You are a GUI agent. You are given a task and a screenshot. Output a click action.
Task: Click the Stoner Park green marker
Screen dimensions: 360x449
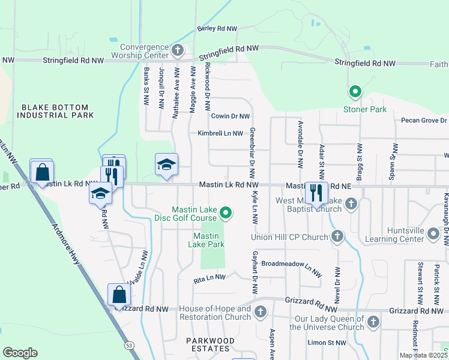point(355,92)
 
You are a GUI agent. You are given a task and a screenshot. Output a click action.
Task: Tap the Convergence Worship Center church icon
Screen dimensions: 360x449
point(177,49)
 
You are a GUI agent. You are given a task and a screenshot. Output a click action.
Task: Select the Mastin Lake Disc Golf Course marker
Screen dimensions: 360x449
point(226,212)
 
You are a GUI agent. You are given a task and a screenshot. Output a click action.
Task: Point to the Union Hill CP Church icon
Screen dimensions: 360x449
point(337,236)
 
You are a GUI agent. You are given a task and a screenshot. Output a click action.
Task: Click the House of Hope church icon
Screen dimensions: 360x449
point(260,312)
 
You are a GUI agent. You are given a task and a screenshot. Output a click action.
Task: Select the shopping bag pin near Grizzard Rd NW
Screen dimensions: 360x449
point(119,295)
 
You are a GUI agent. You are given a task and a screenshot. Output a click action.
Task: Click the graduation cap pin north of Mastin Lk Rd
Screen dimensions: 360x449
point(166,164)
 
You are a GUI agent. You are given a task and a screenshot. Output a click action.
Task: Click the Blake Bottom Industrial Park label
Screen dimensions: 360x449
point(58,111)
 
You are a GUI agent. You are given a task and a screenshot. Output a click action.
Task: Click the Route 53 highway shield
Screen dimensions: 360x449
point(129,346)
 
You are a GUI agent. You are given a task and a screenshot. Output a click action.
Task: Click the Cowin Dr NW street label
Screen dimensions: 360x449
point(230,116)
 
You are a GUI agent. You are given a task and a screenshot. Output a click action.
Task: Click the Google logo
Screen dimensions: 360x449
point(20,352)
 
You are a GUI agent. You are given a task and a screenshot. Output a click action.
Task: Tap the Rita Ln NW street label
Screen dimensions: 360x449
point(209,278)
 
